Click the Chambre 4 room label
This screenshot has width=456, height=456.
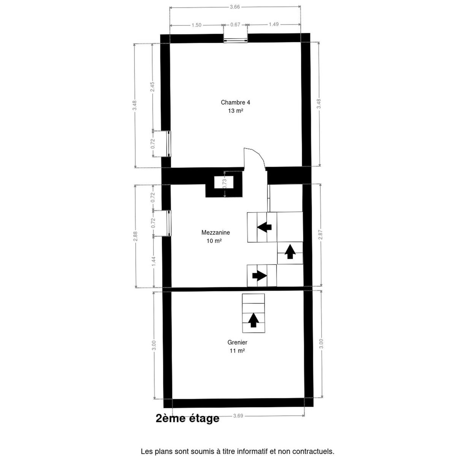point(235,102)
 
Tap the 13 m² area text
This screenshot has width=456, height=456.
point(235,111)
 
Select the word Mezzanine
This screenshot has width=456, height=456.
point(215,233)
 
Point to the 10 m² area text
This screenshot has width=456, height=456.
point(212,241)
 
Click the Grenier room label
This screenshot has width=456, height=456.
point(237,342)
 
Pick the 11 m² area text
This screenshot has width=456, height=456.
point(237,351)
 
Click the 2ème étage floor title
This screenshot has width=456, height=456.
point(187,418)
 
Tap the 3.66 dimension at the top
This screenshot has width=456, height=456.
point(235,6)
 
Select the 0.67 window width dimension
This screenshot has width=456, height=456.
point(236,25)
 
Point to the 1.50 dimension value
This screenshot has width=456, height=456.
point(196,25)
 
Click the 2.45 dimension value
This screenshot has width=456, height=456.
point(152,87)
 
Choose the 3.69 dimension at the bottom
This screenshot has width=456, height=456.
point(238,416)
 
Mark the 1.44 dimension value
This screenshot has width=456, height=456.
point(154,261)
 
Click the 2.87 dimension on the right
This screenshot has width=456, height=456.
point(320,235)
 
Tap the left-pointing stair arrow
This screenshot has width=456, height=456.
point(264,227)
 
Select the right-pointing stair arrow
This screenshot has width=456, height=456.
point(260,275)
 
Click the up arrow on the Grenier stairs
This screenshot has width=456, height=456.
point(253,320)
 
